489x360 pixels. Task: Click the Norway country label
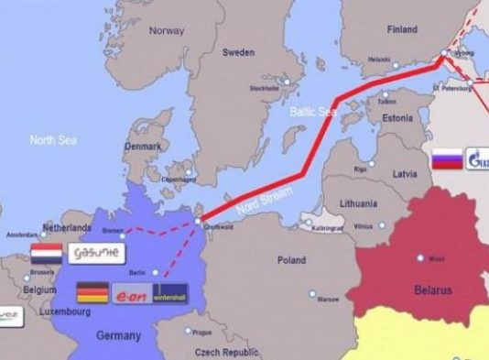coord(166,29)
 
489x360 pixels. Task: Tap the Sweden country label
coord(239,52)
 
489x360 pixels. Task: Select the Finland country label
coord(401,29)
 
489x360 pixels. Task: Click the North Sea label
coord(53,139)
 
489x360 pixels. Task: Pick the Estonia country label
coord(397,118)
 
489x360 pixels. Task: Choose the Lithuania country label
coord(358,202)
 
